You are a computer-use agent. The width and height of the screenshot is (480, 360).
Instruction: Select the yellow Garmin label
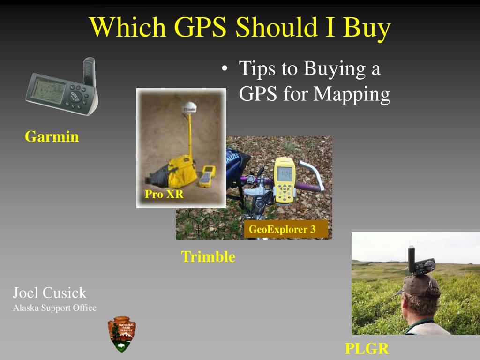(x=52, y=136)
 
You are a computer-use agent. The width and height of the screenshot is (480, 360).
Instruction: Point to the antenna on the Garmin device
(x=90, y=72)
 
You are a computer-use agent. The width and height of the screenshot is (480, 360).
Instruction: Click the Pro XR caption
(x=164, y=194)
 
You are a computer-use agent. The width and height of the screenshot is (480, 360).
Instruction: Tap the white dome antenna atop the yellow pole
(x=189, y=108)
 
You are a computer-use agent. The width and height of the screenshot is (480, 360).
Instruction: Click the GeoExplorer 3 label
(x=282, y=229)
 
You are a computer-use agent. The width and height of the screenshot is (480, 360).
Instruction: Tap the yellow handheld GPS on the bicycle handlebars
(x=285, y=180)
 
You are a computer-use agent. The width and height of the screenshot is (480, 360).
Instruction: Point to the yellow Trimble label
(x=208, y=256)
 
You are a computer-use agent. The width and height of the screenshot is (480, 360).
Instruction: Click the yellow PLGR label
(x=367, y=349)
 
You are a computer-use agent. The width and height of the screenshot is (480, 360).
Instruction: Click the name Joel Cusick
(x=50, y=293)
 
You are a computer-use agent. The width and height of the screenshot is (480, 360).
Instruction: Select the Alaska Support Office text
(x=55, y=308)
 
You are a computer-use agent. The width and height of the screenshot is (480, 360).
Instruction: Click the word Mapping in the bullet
(x=352, y=94)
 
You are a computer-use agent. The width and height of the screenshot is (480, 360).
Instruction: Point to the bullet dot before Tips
(x=225, y=68)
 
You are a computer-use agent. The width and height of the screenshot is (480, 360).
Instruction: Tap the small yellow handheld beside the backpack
(x=207, y=176)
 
